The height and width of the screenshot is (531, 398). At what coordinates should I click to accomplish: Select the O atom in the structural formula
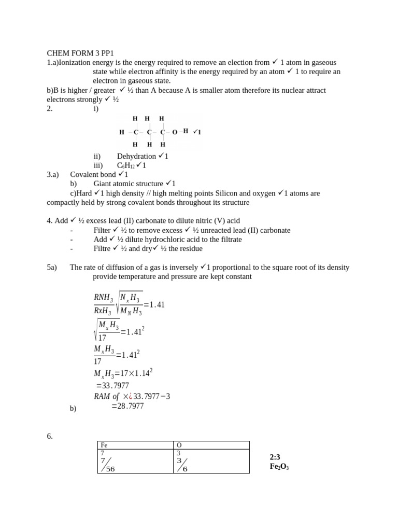point(175,132)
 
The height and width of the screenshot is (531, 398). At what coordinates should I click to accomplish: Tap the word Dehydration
point(136,156)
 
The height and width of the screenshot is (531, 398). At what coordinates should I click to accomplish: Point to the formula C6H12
point(126,165)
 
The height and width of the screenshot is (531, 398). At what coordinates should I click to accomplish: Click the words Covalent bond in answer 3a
point(93,175)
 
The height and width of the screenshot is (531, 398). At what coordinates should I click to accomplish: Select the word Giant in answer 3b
point(103,184)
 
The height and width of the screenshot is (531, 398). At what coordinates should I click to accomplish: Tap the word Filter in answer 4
point(102,230)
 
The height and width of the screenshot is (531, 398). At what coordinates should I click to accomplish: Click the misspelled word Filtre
point(102,248)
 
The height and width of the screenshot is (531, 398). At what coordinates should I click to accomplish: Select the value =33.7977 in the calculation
point(112,386)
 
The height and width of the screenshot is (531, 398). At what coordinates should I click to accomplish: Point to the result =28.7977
point(127,406)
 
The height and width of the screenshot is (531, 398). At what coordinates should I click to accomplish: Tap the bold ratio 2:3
point(275,457)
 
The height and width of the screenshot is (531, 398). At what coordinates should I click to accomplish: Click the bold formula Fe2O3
point(279,466)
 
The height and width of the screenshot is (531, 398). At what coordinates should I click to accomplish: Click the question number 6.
point(50,437)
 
